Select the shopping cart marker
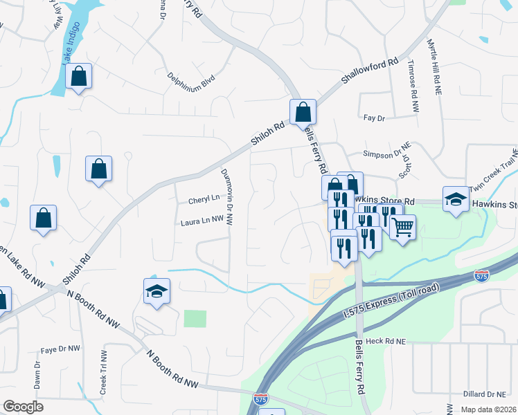pyautogui.click(x=402, y=226)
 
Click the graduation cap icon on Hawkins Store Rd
pyautogui.click(x=456, y=201)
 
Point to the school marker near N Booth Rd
pyautogui.click(x=157, y=291)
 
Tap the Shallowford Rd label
pyautogui.click(x=371, y=72)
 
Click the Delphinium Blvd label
pyautogui.click(x=191, y=83)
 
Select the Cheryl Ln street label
pyautogui.click(x=204, y=200)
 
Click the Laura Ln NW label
pyautogui.click(x=202, y=221)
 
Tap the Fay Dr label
pyautogui.click(x=373, y=118)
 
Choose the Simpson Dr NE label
pyautogui.click(x=388, y=154)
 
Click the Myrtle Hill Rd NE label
pyautogui.click(x=434, y=68)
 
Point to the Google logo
pyautogui.click(x=23, y=407)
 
